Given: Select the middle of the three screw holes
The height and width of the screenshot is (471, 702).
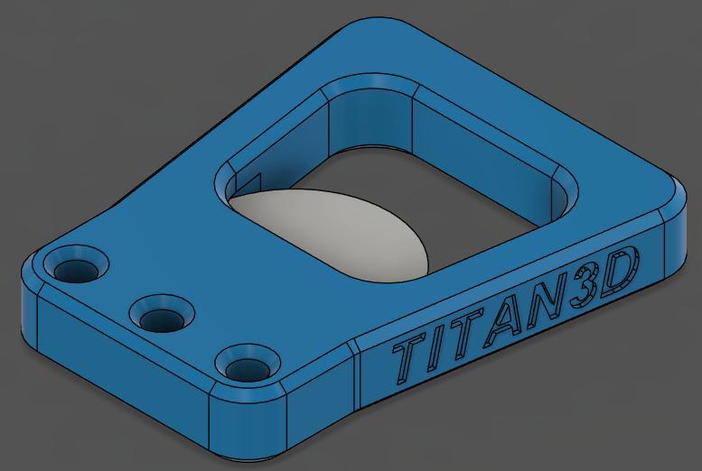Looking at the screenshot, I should (160, 317).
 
